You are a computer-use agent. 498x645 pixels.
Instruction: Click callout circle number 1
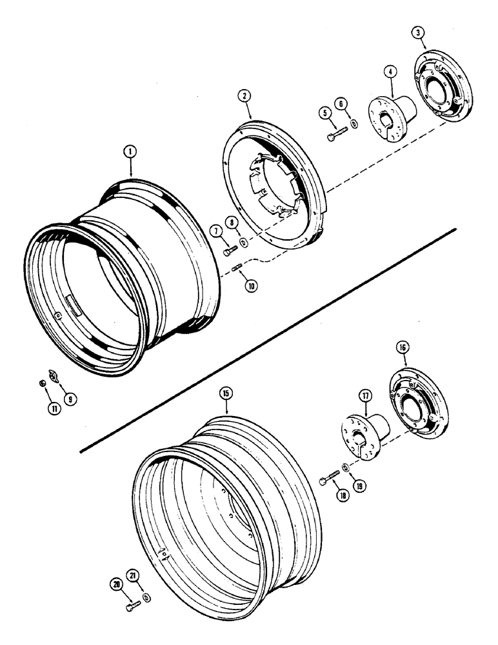click(x=130, y=152)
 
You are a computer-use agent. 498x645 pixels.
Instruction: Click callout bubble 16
click(x=403, y=348)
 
